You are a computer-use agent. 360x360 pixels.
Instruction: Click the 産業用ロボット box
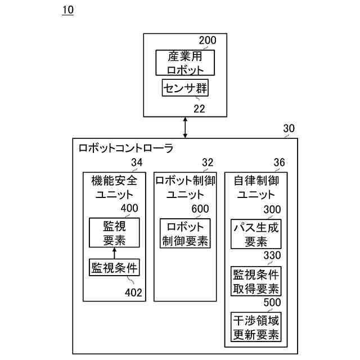point(185,62)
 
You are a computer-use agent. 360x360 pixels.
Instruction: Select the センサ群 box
point(185,88)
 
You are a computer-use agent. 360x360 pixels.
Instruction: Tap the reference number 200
point(207,40)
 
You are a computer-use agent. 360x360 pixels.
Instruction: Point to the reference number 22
point(199,109)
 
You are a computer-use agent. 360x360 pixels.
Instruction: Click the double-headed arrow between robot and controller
point(185,127)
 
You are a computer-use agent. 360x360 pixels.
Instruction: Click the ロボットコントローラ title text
point(126,149)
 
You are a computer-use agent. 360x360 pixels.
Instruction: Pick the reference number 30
point(289,129)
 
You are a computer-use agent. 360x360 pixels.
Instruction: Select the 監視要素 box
point(114,233)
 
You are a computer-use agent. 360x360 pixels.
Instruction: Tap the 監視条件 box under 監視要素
point(114,267)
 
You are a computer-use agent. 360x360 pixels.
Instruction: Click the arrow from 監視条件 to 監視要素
point(114,253)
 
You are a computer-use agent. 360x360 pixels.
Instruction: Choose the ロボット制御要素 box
point(185,233)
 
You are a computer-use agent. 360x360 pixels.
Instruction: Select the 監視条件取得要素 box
point(256,281)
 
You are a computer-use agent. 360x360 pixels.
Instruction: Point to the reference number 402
point(133,292)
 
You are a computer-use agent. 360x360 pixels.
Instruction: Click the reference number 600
point(200,209)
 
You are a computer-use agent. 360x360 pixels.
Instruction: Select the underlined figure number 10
point(67,10)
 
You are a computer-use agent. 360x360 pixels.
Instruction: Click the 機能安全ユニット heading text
point(114,188)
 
